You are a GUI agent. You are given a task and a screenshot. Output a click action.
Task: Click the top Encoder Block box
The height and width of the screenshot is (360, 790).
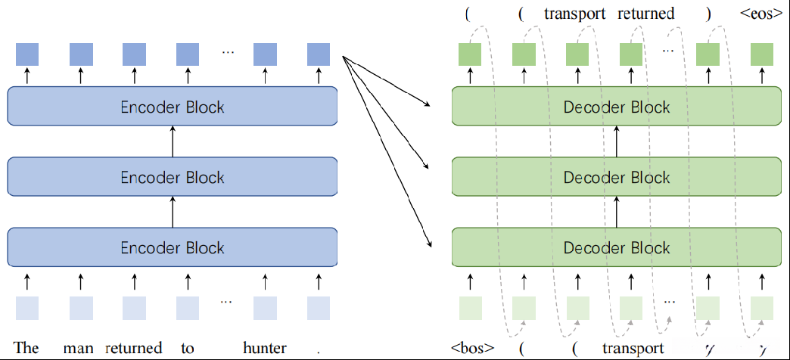(173, 107)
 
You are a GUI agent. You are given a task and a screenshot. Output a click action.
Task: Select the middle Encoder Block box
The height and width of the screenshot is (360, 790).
(173, 178)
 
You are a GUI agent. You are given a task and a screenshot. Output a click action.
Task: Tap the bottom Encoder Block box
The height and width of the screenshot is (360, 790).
(173, 248)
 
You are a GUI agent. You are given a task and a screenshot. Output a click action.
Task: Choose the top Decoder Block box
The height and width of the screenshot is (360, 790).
(616, 107)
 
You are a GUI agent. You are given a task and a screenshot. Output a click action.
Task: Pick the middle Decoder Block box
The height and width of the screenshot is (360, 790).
(616, 178)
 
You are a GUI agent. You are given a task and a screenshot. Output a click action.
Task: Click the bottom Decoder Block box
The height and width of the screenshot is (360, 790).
(616, 248)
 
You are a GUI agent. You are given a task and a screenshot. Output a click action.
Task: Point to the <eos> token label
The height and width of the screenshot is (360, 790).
(761, 13)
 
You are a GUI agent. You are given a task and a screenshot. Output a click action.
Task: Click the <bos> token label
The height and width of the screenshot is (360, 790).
(472, 349)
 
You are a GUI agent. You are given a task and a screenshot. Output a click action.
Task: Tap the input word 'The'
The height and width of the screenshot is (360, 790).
(26, 348)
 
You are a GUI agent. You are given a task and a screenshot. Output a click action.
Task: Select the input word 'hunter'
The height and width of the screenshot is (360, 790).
(265, 348)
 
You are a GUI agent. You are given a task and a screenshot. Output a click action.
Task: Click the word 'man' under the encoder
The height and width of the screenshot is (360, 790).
(79, 348)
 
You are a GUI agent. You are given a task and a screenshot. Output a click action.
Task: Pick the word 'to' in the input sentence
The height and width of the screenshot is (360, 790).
(188, 348)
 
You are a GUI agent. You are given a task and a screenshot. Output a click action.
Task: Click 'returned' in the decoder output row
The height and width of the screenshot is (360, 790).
(645, 13)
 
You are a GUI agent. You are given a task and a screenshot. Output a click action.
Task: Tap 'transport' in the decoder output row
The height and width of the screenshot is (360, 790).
(575, 13)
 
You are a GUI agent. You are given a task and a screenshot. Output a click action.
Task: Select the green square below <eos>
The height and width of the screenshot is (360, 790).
(762, 54)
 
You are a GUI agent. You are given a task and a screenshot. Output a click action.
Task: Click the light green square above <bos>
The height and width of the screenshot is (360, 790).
(471, 309)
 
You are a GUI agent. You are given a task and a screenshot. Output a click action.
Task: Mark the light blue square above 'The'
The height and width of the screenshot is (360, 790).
(27, 309)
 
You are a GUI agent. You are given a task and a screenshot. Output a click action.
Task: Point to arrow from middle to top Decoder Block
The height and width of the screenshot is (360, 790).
(616, 142)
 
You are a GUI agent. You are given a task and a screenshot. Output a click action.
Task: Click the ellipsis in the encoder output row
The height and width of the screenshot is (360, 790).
(227, 52)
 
